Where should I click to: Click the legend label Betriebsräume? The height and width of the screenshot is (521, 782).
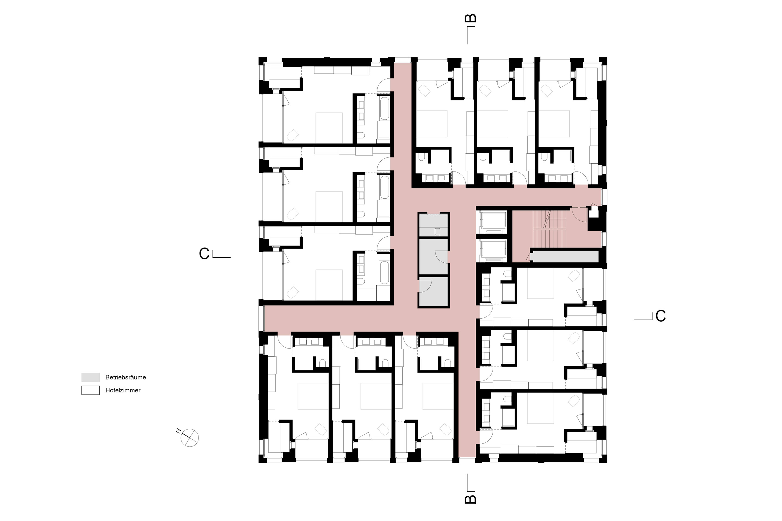(x=126, y=377)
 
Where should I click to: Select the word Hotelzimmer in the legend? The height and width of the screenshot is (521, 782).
(x=123, y=390)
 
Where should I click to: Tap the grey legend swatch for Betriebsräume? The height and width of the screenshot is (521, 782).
(x=90, y=377)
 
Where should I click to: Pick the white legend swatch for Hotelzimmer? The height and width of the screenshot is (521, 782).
(x=90, y=390)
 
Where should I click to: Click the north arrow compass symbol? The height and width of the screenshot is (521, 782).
(x=190, y=438)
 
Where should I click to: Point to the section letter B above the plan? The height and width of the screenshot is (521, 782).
(x=471, y=18)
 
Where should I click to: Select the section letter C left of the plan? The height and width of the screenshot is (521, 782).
(x=204, y=254)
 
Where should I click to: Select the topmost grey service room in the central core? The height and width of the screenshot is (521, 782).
(x=434, y=225)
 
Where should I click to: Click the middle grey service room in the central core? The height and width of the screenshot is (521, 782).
(x=434, y=257)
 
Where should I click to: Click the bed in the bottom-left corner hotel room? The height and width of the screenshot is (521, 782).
(x=313, y=396)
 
